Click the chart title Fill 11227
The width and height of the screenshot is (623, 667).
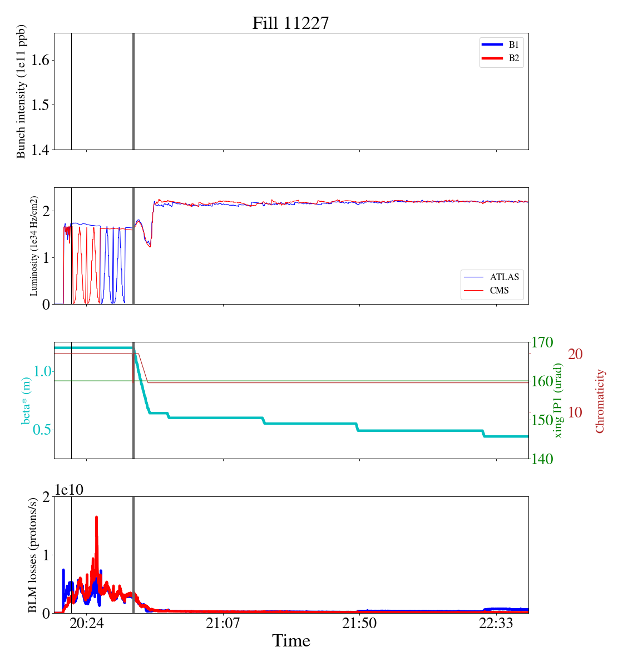(x=290, y=23)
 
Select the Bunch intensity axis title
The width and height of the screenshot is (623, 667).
(x=21, y=92)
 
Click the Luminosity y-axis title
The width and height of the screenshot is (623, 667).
(x=34, y=246)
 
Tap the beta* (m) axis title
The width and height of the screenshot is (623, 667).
(x=26, y=400)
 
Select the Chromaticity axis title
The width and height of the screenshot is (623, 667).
(x=600, y=401)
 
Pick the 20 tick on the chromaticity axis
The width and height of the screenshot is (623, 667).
(x=575, y=354)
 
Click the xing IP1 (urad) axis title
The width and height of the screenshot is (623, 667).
(x=558, y=400)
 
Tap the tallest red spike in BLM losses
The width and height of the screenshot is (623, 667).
(x=96, y=517)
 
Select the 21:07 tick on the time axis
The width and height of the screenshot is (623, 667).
(x=222, y=624)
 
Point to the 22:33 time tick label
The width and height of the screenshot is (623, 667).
(x=496, y=624)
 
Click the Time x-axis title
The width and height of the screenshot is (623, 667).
(x=291, y=641)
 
